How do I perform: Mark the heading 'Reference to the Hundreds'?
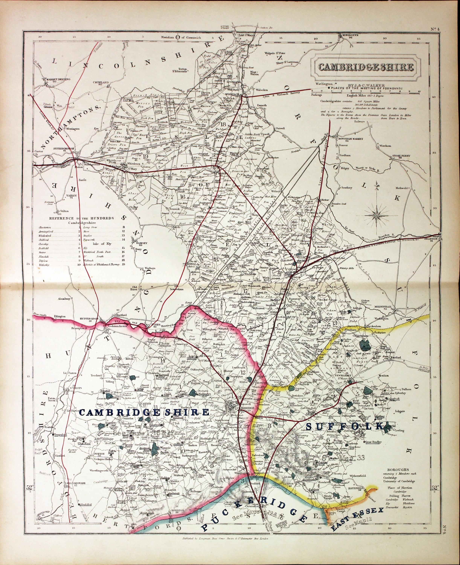coord(82,218)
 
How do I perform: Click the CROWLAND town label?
coord(101,83)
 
